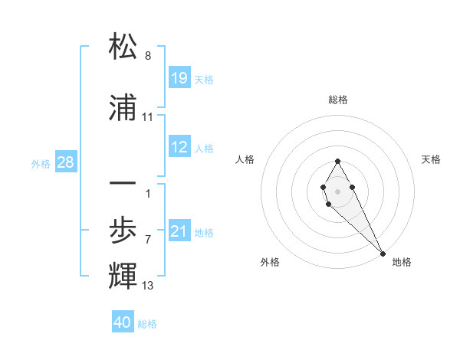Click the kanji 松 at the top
click(x=123, y=47)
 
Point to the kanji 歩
click(x=123, y=229)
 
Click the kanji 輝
click(x=123, y=275)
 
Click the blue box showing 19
click(x=179, y=77)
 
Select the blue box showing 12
click(x=179, y=147)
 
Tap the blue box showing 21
click(x=179, y=231)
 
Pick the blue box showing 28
click(x=65, y=162)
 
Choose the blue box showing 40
click(x=123, y=322)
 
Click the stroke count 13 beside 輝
click(x=148, y=286)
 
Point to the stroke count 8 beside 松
click(x=148, y=57)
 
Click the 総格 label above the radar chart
click(x=338, y=100)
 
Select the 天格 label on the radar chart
click(x=431, y=159)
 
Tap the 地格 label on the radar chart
click(x=402, y=262)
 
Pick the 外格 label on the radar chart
click(x=270, y=262)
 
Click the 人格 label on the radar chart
click(x=245, y=159)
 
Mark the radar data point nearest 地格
click(x=383, y=253)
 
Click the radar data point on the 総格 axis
click(x=338, y=161)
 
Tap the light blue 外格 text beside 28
click(x=41, y=163)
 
